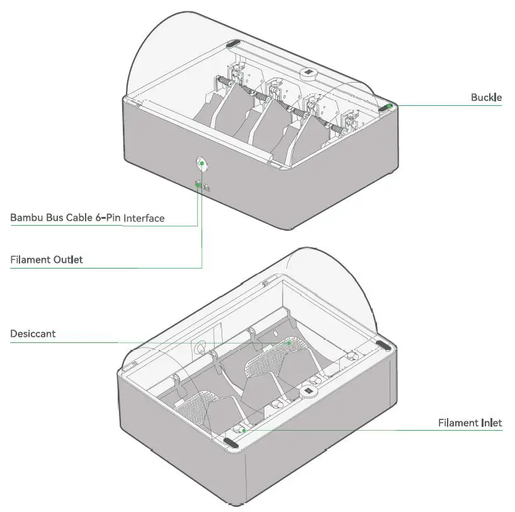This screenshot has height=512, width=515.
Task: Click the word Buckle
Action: point(486,98)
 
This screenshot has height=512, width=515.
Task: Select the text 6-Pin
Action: point(108,218)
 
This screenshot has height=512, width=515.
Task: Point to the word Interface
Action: point(144,218)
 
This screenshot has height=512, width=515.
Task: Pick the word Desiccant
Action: point(33,334)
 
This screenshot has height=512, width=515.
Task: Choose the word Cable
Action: point(79,218)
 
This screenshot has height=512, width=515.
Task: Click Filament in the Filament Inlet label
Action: point(458,422)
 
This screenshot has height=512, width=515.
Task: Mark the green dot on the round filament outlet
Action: point(202,163)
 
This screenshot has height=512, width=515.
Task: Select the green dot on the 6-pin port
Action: point(198,185)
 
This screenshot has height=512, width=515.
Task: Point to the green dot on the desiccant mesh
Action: point(289,343)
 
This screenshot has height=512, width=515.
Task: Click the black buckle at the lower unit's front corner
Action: point(232,444)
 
